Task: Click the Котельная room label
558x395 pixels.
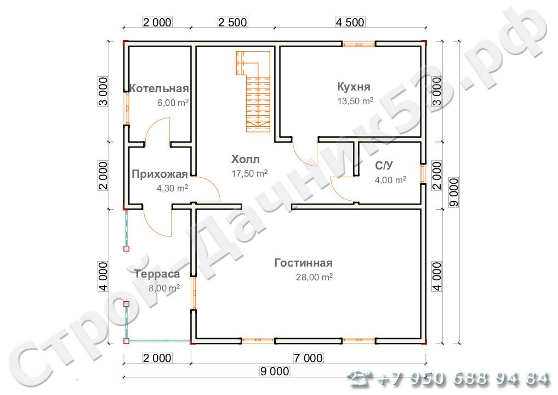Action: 159,88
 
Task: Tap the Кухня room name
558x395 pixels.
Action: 354,87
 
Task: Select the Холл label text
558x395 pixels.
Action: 246,159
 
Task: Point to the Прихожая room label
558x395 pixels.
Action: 160,174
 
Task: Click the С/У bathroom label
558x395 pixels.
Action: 384,166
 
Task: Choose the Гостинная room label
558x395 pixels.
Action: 304,263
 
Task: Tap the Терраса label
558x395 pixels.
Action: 157,274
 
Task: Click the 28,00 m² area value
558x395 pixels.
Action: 314,276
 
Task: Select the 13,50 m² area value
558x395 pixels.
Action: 355,101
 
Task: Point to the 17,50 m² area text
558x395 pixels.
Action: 249,173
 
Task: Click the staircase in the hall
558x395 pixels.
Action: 253,91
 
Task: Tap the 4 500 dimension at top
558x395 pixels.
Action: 350,22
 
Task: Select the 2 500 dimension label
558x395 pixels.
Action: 232,22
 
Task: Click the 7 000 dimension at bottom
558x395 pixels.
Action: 308,358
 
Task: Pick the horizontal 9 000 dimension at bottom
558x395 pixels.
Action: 275,371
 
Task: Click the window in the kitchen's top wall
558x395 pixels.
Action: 358,44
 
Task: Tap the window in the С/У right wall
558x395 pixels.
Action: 423,174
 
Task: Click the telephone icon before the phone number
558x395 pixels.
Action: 361,379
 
